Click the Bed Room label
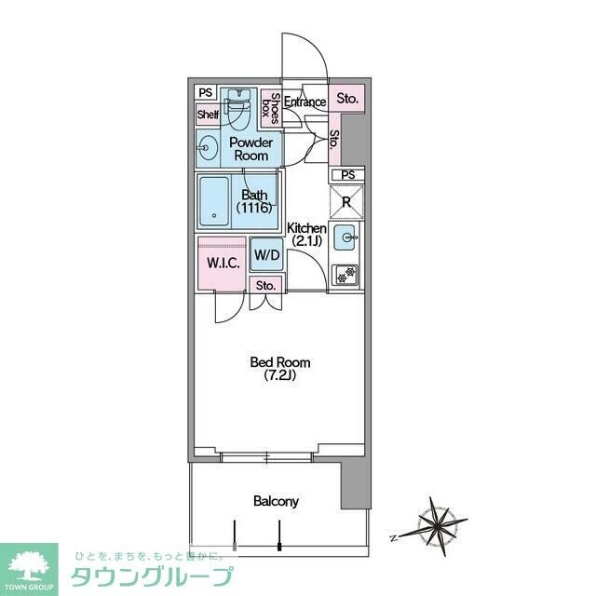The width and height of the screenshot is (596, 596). [x=279, y=369]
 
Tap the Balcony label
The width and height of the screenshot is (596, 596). [x=277, y=501]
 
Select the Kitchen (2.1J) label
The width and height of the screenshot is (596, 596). [x=305, y=235]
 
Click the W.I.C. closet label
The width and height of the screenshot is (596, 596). [x=223, y=263]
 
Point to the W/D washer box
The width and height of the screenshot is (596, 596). [x=267, y=255]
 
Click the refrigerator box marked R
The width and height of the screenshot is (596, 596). [x=346, y=202]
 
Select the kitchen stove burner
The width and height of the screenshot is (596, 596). [x=346, y=274]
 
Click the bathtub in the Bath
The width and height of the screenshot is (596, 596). [x=216, y=201]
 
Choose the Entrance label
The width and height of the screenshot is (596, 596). [x=305, y=102]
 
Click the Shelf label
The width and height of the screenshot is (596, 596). [x=207, y=115]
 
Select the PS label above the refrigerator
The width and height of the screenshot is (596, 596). [x=347, y=175]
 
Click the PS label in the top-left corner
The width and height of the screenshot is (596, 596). [x=205, y=92]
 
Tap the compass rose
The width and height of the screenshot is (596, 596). [x=436, y=525]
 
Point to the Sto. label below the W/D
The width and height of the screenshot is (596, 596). [x=265, y=285]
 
